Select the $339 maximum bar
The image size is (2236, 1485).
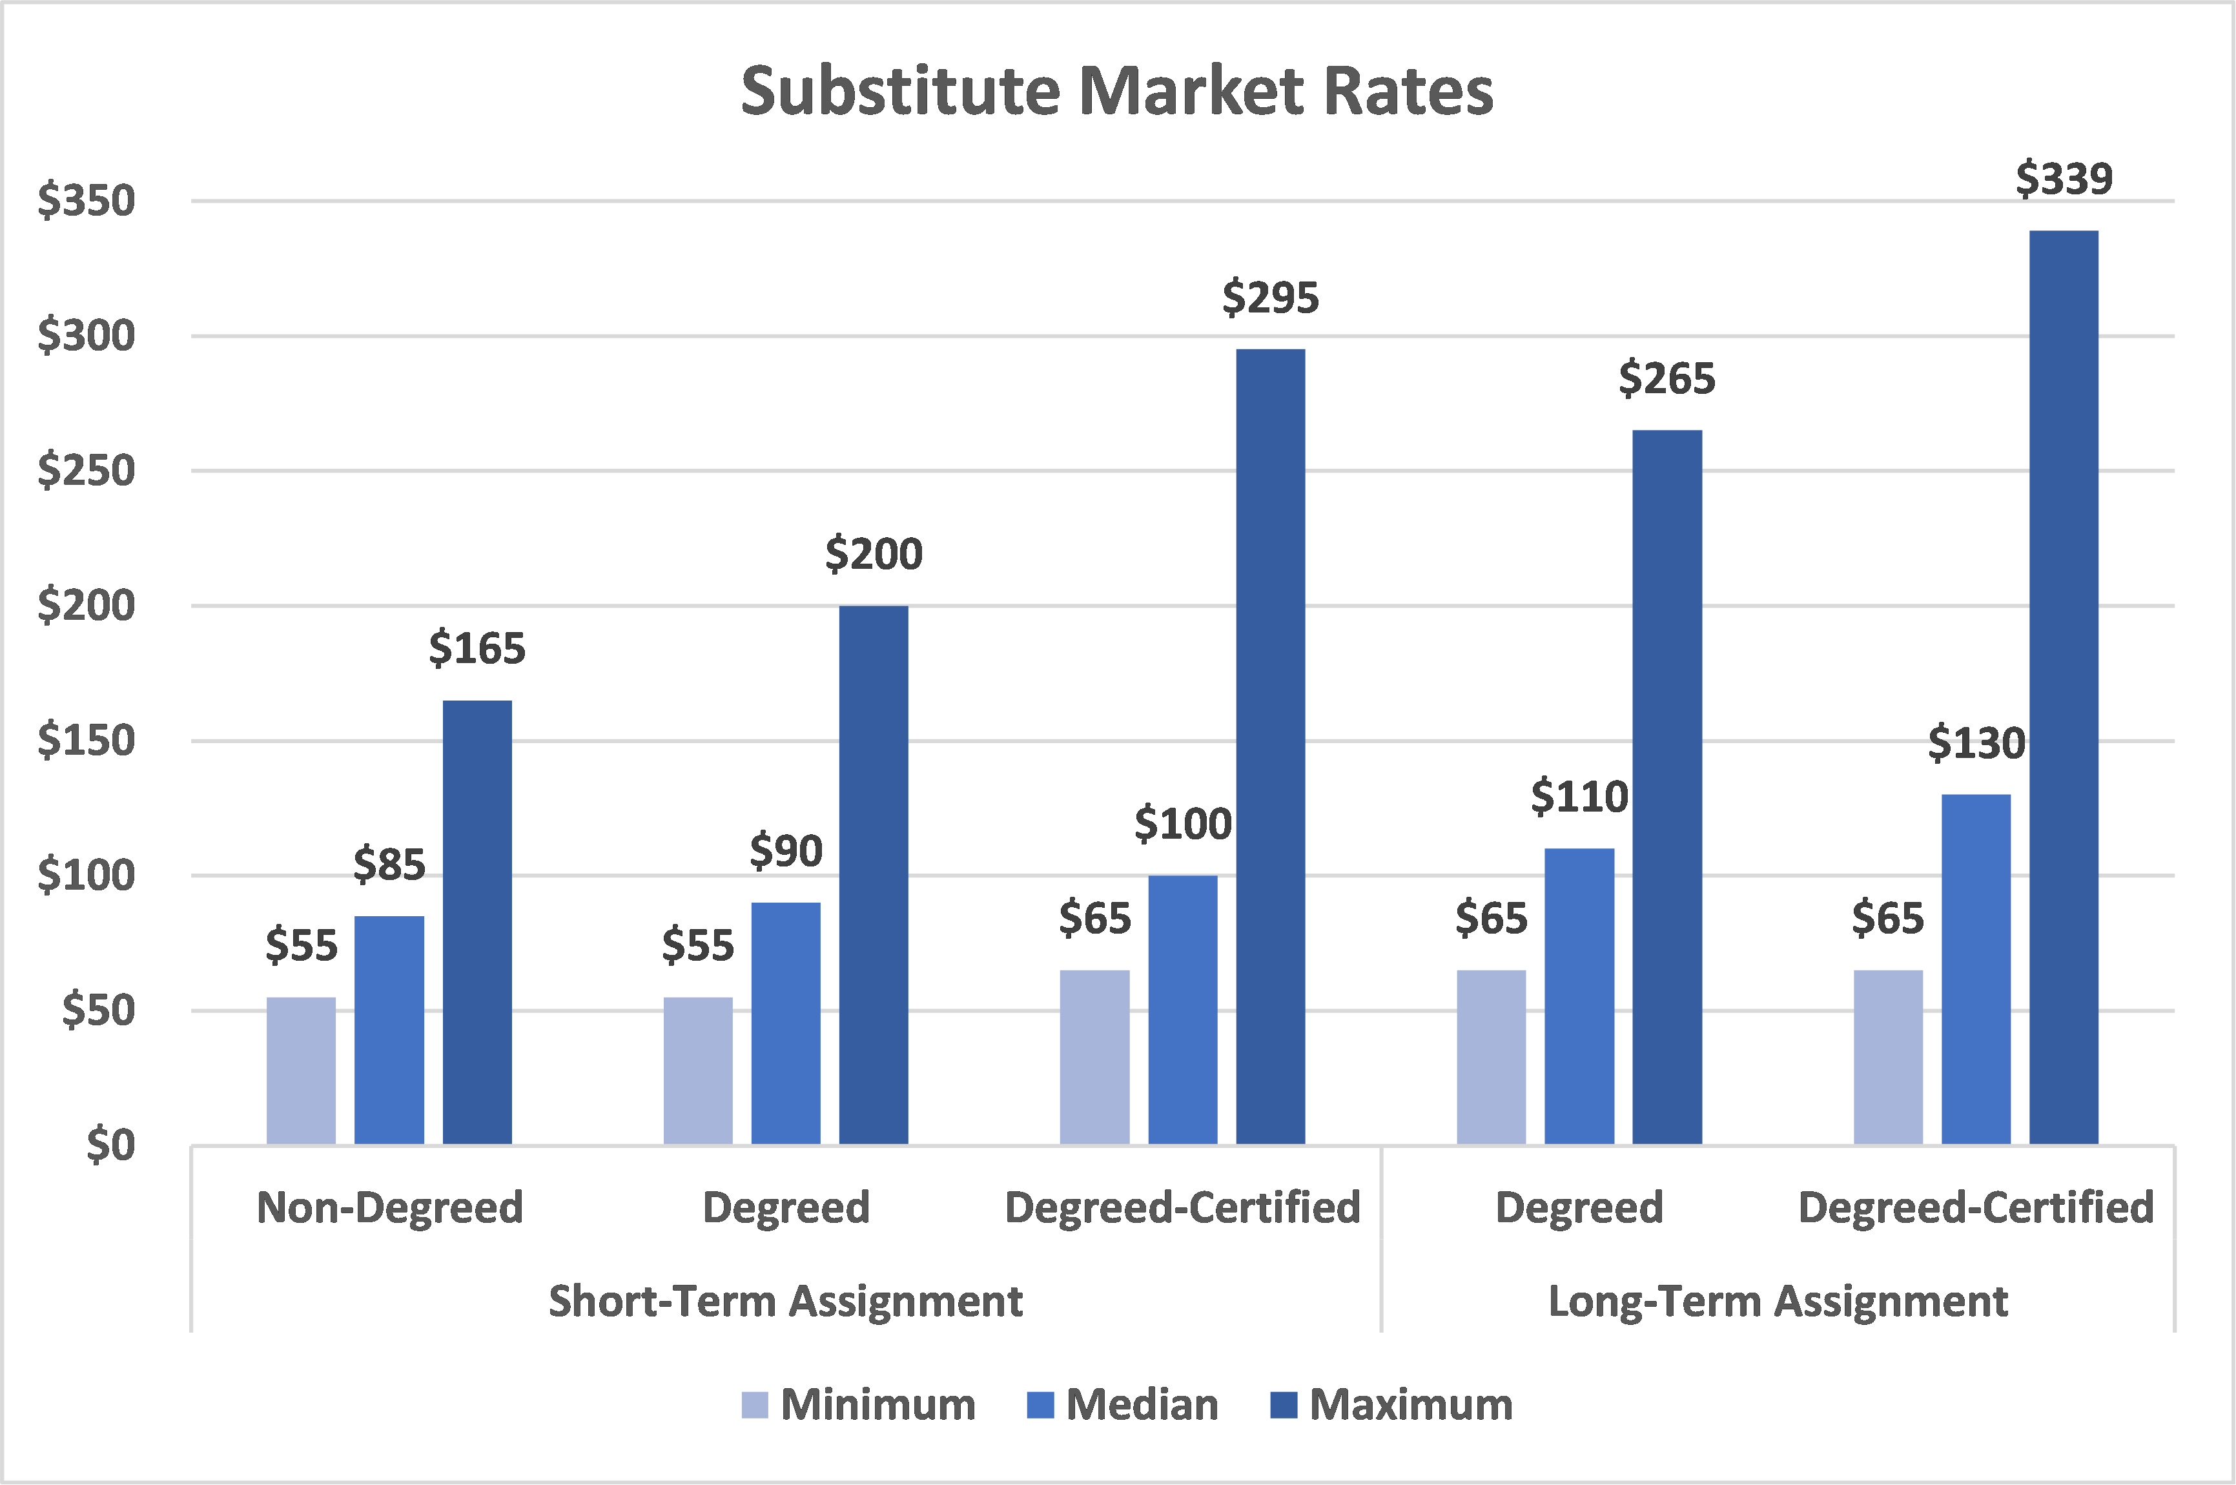[x=2064, y=686]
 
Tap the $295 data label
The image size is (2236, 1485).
[x=1270, y=298]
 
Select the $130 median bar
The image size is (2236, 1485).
[x=1976, y=969]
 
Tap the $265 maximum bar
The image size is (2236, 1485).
[x=1667, y=787]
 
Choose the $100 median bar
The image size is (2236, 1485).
[x=1182, y=1010]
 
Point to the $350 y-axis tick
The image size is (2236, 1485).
[x=86, y=201]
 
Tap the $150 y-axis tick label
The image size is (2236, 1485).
[x=86, y=741]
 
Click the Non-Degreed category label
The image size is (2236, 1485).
[x=389, y=1207]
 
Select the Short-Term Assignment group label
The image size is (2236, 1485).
[x=785, y=1301]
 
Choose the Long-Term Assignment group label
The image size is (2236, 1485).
[x=1778, y=1301]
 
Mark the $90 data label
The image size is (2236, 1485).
[x=785, y=850]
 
